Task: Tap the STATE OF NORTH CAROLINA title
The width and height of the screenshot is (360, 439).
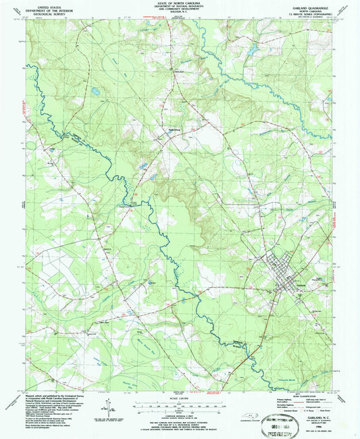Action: [180, 3]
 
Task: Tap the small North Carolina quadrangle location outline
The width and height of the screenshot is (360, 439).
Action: [253, 416]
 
